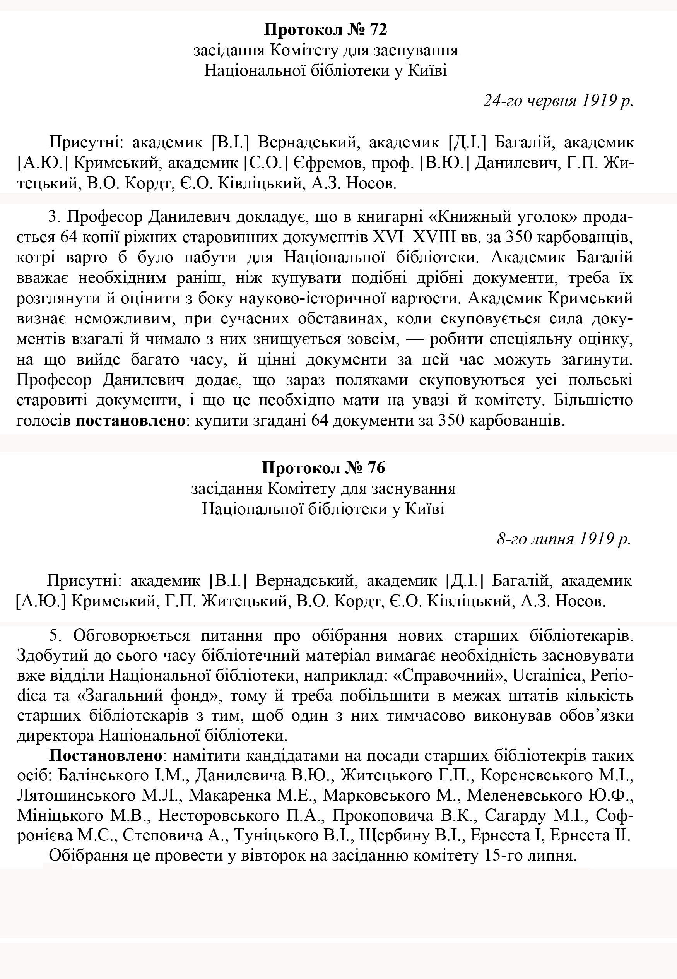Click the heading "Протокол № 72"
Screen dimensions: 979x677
325,30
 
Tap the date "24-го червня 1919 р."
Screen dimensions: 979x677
558,101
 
